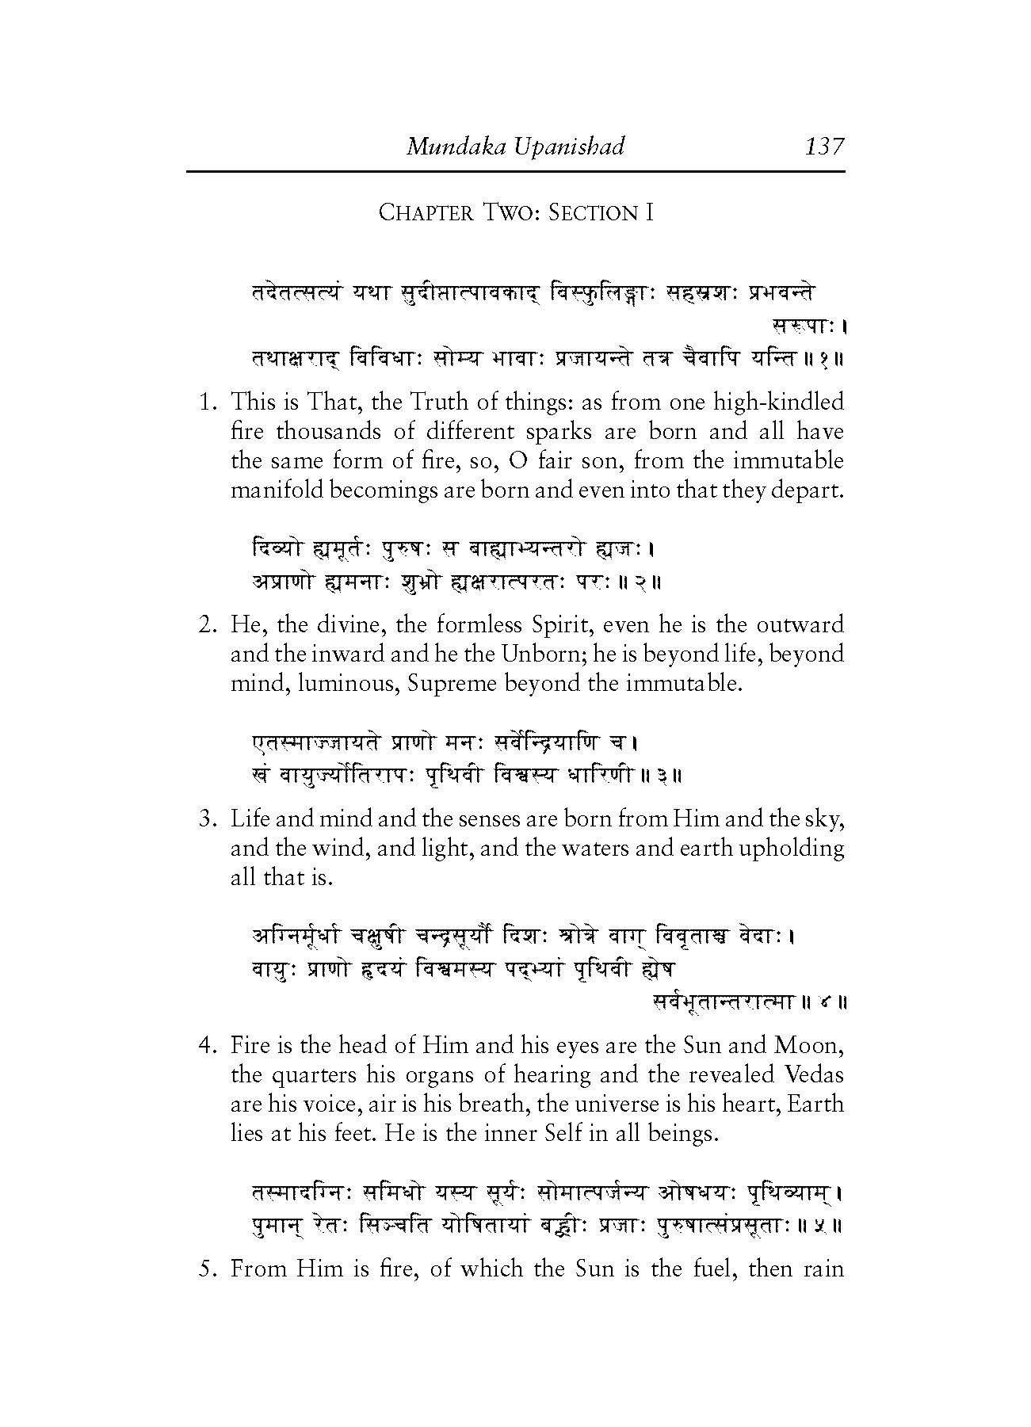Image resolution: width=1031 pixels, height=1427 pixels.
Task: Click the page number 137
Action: [824, 147]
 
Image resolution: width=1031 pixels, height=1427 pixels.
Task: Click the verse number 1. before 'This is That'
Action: [208, 403]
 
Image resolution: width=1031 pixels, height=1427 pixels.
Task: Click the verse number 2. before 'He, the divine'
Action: [208, 625]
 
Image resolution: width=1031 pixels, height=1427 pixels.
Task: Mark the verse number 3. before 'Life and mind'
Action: [208, 818]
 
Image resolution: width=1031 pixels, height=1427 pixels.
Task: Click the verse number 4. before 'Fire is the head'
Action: [208, 1046]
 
